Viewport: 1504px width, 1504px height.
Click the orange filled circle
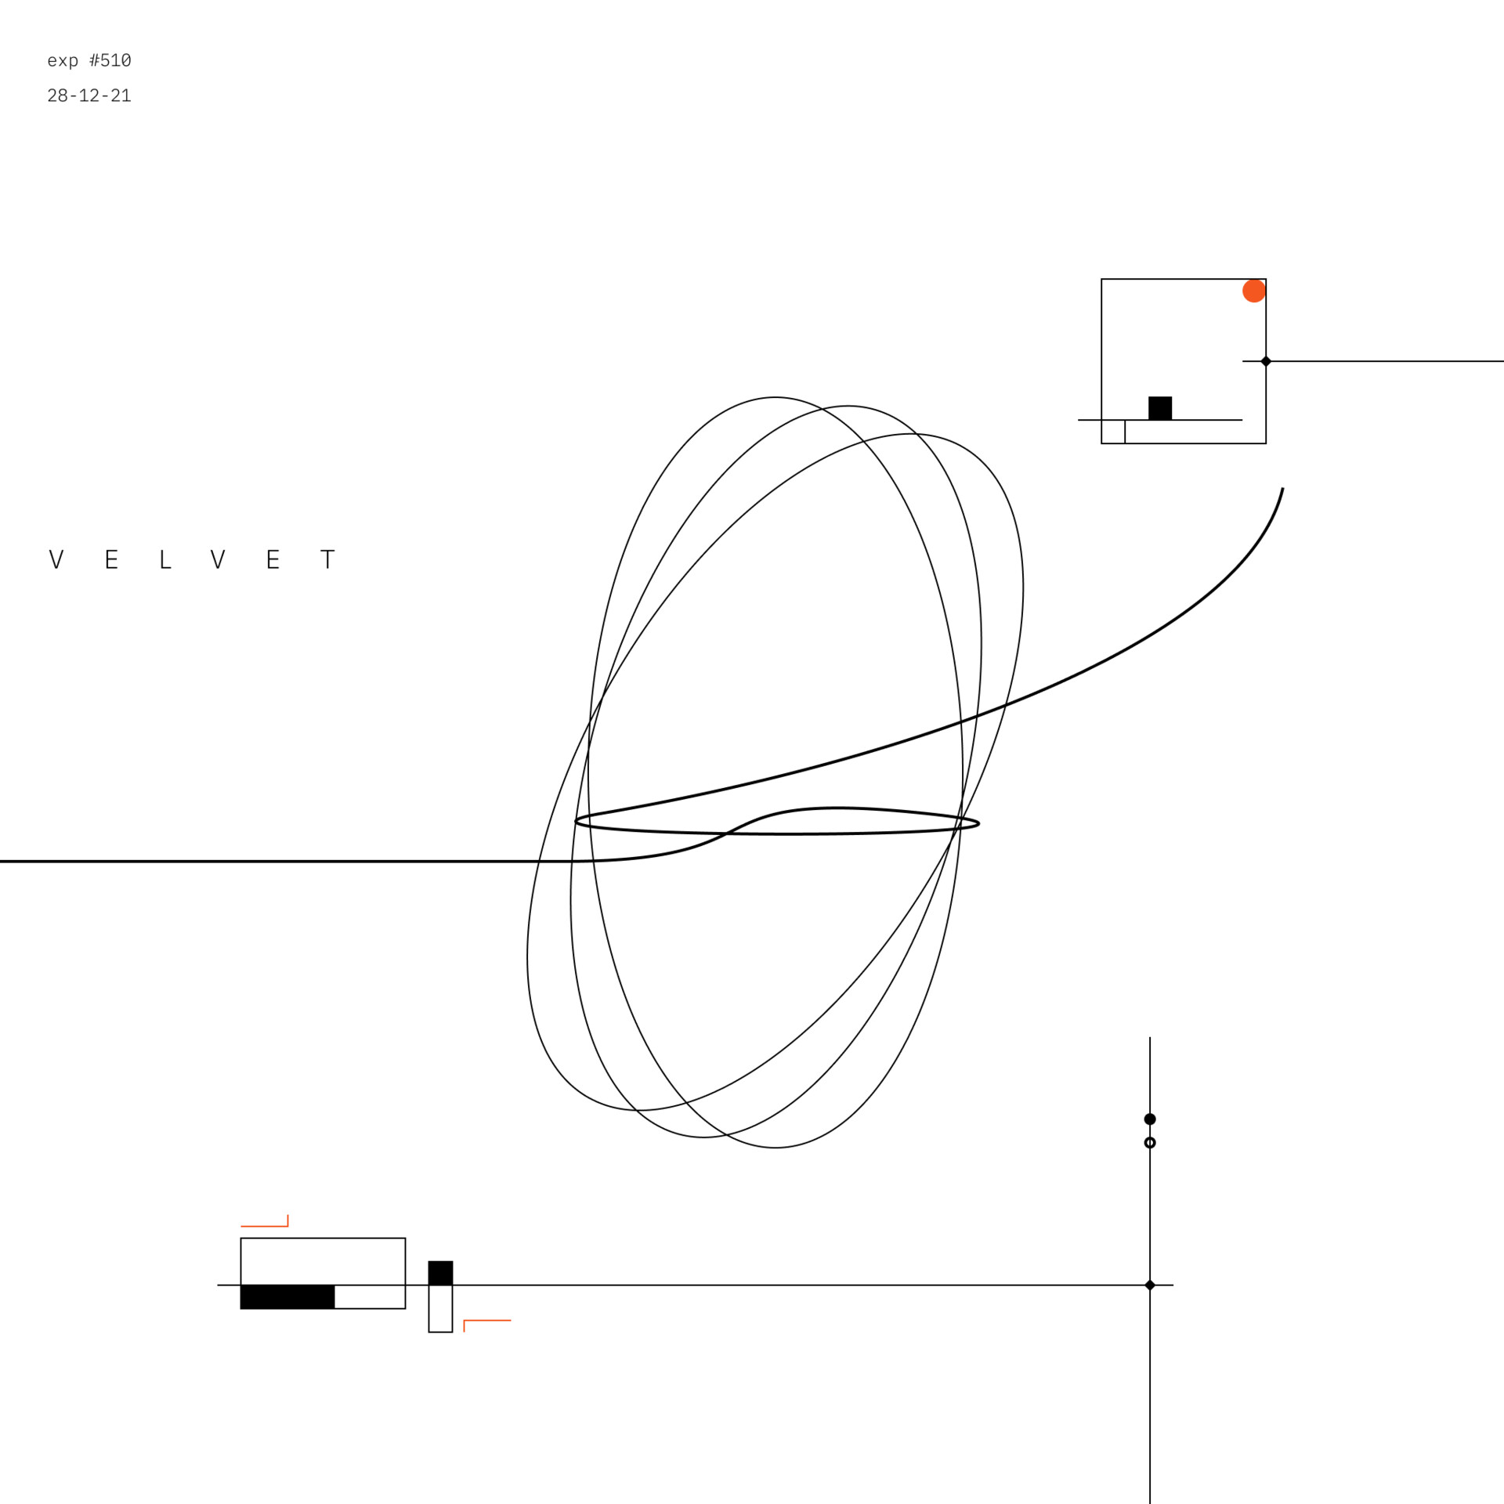click(1254, 291)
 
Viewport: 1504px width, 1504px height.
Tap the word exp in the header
click(63, 62)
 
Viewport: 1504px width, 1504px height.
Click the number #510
click(110, 60)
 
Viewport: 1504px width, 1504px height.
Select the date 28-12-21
click(89, 96)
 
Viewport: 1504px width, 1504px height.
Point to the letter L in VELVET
click(165, 559)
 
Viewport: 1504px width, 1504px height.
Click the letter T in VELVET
click(328, 559)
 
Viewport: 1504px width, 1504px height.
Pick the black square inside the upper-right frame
click(1160, 408)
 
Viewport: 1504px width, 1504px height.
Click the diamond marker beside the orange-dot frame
click(1266, 361)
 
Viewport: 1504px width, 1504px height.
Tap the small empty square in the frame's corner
click(1113, 432)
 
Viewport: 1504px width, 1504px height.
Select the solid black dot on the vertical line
click(1150, 1119)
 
